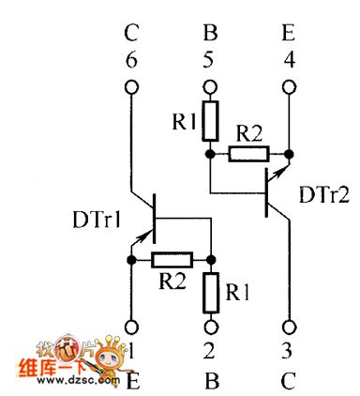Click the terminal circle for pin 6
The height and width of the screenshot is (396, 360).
(x=130, y=89)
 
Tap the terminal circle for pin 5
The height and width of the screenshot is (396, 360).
(x=209, y=89)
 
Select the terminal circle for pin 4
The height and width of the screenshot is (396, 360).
(x=288, y=89)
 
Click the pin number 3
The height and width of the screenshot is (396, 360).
(x=288, y=356)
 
